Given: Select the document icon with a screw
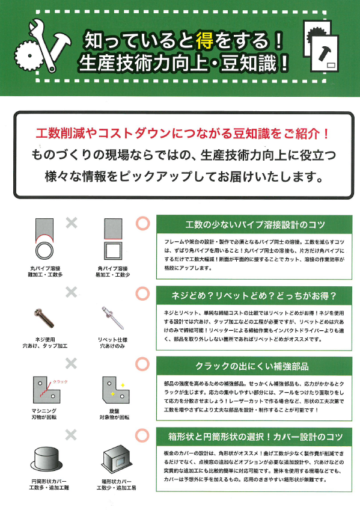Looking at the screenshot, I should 325,52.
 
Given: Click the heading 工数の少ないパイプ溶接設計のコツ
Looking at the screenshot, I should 254,225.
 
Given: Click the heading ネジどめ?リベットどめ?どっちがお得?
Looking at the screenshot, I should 254,295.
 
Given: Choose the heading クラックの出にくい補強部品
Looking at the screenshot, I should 254,366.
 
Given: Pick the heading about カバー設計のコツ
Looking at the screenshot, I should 254,435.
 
